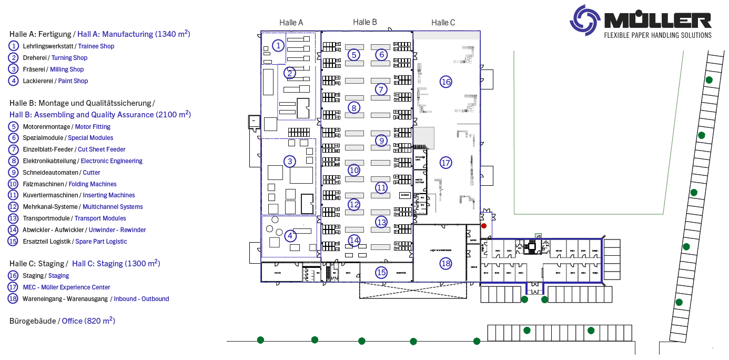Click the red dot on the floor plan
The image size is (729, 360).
[484, 226]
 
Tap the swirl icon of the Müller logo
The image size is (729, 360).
[585, 20]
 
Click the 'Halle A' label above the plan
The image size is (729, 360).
[291, 23]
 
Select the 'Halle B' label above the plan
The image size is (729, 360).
[365, 22]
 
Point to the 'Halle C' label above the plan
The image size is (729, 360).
[443, 23]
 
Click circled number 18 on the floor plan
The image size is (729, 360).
[446, 263]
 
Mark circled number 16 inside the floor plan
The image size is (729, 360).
[446, 82]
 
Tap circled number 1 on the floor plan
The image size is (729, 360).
[278, 46]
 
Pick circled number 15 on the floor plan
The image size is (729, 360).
[381, 272]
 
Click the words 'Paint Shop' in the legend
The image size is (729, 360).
[73, 81]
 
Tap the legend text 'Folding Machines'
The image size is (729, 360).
[93, 184]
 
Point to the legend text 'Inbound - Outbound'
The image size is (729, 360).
[141, 299]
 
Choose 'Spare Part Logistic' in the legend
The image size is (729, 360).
[101, 242]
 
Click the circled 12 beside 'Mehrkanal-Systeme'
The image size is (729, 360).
[13, 207]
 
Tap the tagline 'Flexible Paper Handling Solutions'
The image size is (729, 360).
[657, 35]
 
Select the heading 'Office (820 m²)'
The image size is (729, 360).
[88, 321]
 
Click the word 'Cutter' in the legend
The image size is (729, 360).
[92, 173]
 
